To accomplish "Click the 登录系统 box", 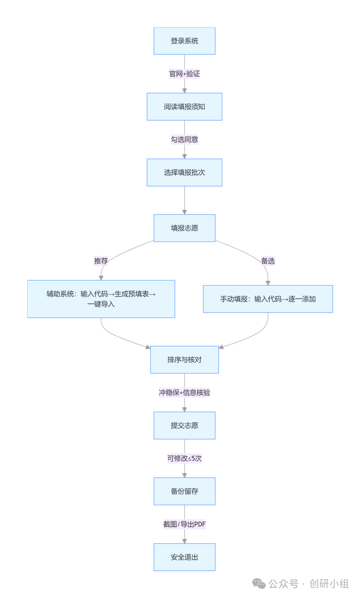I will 184,41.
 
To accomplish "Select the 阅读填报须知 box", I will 184,107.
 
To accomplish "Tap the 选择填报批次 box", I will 184,172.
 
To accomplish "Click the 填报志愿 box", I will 184,228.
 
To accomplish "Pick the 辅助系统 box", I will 101,299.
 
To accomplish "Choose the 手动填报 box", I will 268,299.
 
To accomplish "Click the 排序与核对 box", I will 184,359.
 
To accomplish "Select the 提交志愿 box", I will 184,425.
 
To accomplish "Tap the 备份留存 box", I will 184,491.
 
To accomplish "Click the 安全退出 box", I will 184,557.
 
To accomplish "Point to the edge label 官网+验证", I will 184,74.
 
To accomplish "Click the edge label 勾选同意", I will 184,139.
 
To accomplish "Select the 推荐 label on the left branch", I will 101,261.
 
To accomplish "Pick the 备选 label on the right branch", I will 268,261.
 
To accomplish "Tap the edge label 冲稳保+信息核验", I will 184,392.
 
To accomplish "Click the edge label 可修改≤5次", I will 184,458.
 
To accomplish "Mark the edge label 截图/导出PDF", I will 184,524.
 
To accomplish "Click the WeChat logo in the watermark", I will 259,584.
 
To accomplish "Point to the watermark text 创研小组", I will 329,584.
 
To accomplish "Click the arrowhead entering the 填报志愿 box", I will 184,212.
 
